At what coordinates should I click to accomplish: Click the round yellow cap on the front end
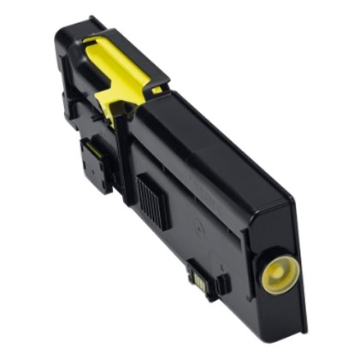tap(278, 272)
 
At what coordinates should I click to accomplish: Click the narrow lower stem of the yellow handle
tap(107, 103)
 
